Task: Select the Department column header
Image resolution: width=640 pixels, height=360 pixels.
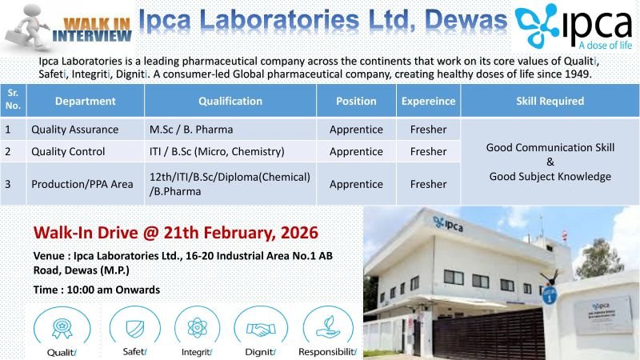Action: click(85, 102)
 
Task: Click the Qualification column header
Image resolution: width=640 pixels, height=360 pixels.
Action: click(230, 102)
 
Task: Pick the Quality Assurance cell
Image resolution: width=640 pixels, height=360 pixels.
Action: click(74, 129)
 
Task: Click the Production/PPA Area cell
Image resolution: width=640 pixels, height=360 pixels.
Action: click(82, 184)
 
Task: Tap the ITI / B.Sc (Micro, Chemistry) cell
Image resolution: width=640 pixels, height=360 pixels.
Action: click(216, 151)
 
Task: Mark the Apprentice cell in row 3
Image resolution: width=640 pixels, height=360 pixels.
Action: click(356, 184)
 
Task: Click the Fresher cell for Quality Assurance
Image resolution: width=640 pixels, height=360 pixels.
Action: click(428, 129)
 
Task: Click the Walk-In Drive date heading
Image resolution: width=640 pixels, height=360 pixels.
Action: click(175, 233)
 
